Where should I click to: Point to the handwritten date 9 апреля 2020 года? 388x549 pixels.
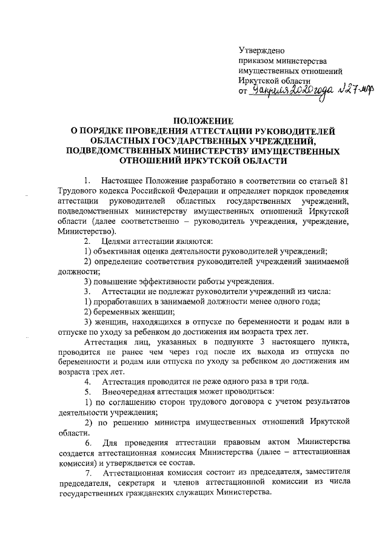click(290, 93)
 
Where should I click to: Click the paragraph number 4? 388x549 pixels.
click(88, 381)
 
